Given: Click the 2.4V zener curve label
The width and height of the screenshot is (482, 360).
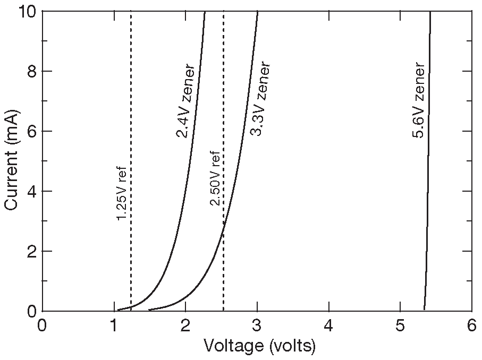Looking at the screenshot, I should coord(185,102).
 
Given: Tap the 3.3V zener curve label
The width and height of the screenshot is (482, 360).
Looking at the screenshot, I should coord(261,99).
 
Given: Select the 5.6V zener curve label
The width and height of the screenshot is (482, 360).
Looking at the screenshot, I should coord(418,101).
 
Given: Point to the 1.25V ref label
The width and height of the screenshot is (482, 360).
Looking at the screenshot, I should coord(122,192).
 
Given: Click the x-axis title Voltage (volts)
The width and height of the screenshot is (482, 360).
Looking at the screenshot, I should coord(259,347).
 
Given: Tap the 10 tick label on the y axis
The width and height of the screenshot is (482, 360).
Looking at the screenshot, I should coord(23,12).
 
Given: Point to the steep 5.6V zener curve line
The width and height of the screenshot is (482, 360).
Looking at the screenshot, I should coord(427,159).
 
